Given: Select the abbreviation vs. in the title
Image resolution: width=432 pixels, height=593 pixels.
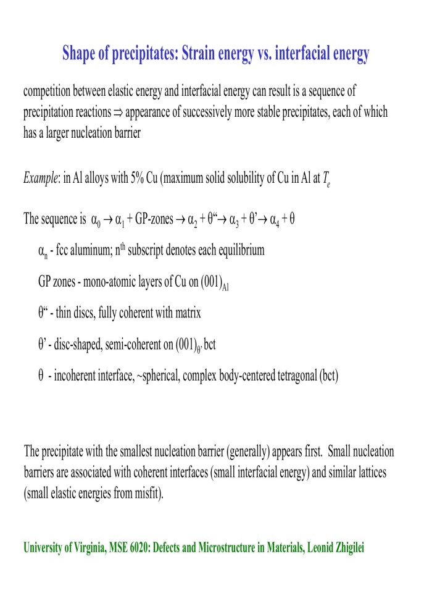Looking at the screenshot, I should coord(264,54).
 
